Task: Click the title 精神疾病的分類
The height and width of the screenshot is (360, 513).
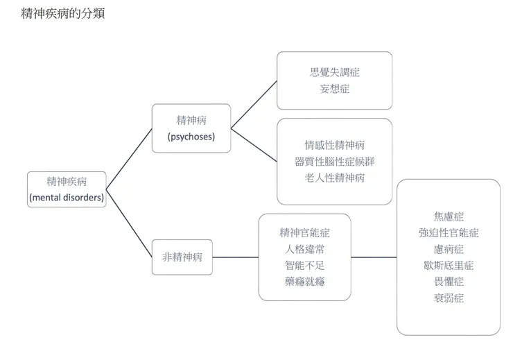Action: coord(63,13)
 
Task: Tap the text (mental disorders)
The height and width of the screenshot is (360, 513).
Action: coord(67,198)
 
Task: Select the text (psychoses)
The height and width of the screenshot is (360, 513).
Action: coord(191,137)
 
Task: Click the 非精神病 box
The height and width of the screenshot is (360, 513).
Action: coord(182,257)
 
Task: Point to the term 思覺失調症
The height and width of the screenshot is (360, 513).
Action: coord(335,72)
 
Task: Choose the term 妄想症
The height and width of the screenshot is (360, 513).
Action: coord(335,89)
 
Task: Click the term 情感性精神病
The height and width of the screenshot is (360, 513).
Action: coord(335,145)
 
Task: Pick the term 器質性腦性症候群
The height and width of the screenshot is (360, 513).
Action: coord(335,162)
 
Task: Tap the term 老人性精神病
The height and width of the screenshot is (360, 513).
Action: coord(335,178)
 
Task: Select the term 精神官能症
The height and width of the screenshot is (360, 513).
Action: coord(305,232)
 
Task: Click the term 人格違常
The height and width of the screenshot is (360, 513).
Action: coord(305,249)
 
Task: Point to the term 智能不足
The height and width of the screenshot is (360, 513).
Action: coord(305,265)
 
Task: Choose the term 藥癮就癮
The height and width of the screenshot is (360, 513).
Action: coord(305,282)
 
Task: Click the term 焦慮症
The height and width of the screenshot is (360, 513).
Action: coord(449,216)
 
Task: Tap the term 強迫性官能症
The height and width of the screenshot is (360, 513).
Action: coord(449,233)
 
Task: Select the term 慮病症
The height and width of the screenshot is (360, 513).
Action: coord(449,249)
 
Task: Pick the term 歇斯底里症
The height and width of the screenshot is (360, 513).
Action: coord(449,266)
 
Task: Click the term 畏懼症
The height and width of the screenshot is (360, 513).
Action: coord(449,282)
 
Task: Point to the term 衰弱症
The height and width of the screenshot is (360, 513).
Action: coord(449,298)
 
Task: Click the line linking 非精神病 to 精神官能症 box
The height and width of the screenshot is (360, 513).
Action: coord(236,257)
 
